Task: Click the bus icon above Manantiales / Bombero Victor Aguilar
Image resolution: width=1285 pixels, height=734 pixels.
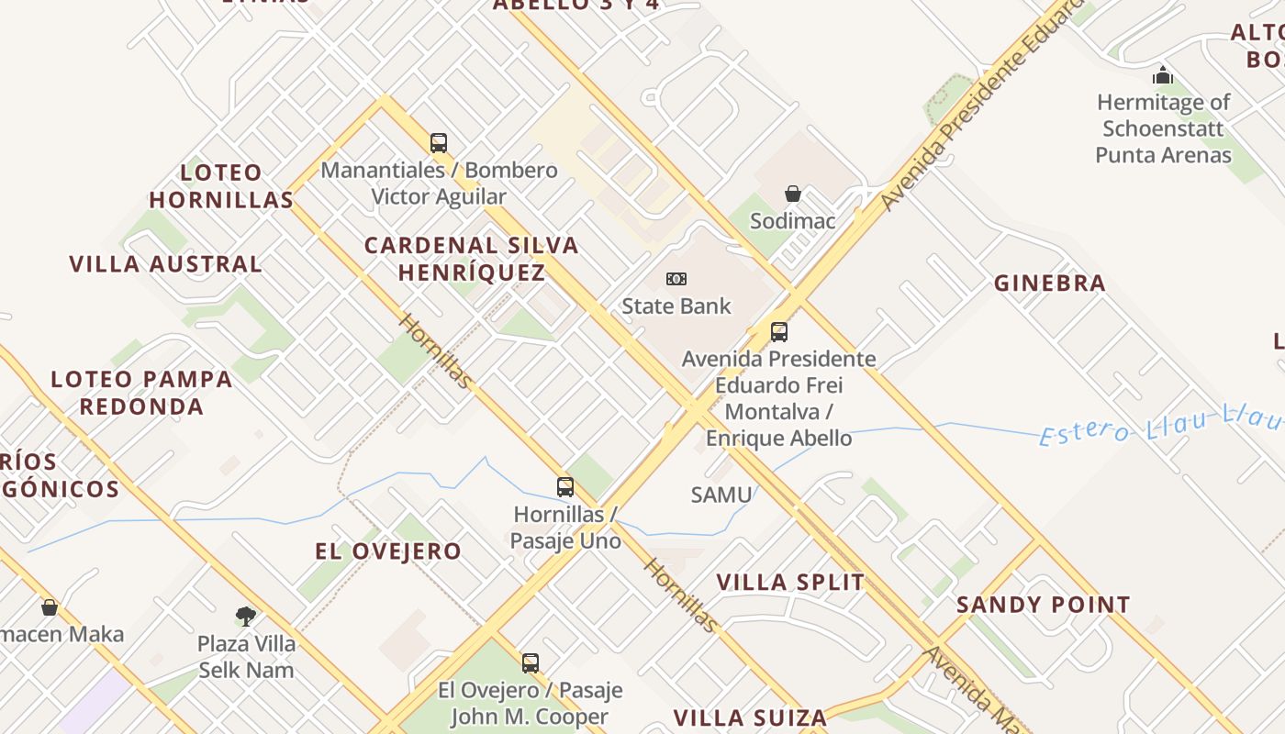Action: (x=439, y=143)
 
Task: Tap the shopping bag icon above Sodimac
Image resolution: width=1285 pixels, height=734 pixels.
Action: (x=793, y=194)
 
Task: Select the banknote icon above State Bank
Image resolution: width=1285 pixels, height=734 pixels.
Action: (x=676, y=279)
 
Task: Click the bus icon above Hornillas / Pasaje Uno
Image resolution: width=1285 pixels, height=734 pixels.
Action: (x=565, y=487)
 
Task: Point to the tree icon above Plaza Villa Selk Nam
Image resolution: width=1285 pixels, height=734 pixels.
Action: (x=245, y=616)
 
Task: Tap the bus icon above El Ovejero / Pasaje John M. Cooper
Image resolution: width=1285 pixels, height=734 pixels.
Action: (x=531, y=662)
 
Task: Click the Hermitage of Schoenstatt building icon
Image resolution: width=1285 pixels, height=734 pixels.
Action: (x=1163, y=75)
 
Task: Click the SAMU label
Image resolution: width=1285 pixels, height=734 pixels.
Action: (x=721, y=495)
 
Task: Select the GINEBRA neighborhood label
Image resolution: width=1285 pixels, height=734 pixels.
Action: (x=1050, y=284)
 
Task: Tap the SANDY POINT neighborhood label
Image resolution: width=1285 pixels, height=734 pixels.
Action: (x=1044, y=606)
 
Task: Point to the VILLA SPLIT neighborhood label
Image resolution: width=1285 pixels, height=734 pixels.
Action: (x=790, y=583)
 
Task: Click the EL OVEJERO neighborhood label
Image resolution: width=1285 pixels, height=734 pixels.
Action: (x=388, y=551)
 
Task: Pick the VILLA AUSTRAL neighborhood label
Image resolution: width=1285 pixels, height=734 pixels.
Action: (x=166, y=264)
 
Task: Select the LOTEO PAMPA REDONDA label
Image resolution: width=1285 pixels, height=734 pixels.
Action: (x=141, y=393)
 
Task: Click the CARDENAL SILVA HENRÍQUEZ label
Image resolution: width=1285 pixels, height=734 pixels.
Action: (x=472, y=259)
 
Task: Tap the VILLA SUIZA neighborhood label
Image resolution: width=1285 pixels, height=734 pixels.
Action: (x=751, y=717)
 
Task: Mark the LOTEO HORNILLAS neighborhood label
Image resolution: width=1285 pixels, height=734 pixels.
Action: (x=221, y=185)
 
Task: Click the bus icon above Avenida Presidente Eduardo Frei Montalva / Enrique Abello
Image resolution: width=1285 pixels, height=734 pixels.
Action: (x=779, y=331)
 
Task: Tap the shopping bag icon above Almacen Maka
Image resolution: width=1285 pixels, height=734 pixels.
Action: (x=50, y=607)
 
